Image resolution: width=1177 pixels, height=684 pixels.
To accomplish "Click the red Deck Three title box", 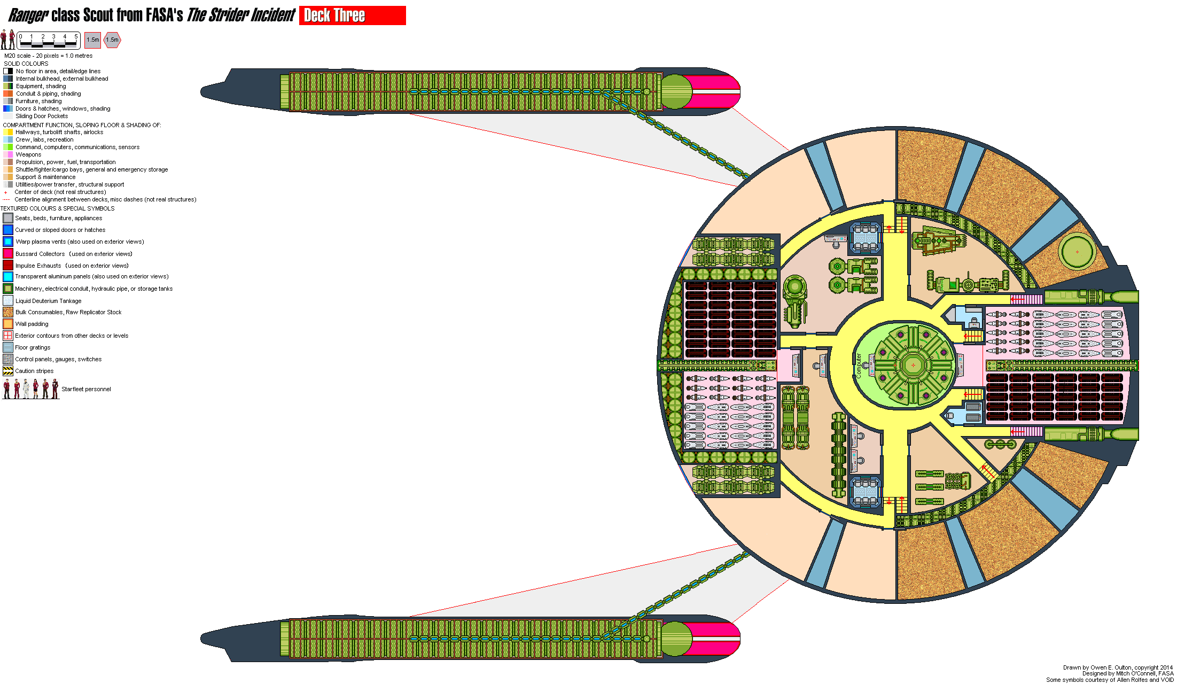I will tap(352, 15).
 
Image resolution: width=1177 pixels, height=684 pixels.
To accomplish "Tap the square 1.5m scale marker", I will tap(92, 40).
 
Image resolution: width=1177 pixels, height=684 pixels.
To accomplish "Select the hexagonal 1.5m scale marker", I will tap(112, 40).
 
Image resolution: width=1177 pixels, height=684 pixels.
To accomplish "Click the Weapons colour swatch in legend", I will tap(8, 154).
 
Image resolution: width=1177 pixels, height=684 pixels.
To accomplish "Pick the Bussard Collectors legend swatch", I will tap(7, 254).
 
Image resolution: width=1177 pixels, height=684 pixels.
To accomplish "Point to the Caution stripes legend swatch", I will tap(7, 371).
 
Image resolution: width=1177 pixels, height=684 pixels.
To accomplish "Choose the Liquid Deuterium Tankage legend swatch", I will tap(7, 301).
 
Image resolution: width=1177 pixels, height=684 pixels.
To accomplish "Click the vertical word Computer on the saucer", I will tap(859, 366).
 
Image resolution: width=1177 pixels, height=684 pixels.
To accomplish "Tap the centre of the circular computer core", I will tap(913, 366).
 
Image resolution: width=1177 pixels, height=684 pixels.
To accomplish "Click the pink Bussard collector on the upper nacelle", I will tap(716, 91).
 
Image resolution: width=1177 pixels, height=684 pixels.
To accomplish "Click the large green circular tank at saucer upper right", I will tap(1077, 252).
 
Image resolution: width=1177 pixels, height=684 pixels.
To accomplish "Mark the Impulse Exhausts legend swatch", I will tap(7, 266).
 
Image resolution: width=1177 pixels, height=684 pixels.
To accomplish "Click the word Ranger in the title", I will tap(28, 15).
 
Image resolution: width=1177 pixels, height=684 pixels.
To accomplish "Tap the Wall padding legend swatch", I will tap(7, 324).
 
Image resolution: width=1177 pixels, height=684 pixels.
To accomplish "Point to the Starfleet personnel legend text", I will tap(86, 389).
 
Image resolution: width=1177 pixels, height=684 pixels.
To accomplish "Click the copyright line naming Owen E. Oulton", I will tap(1117, 667).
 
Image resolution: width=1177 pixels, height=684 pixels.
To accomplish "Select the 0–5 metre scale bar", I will tap(48, 40).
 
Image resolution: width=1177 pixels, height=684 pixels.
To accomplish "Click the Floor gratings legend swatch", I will tap(7, 347).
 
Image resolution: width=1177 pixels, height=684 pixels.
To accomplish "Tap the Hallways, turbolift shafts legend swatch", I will tap(8, 132).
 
